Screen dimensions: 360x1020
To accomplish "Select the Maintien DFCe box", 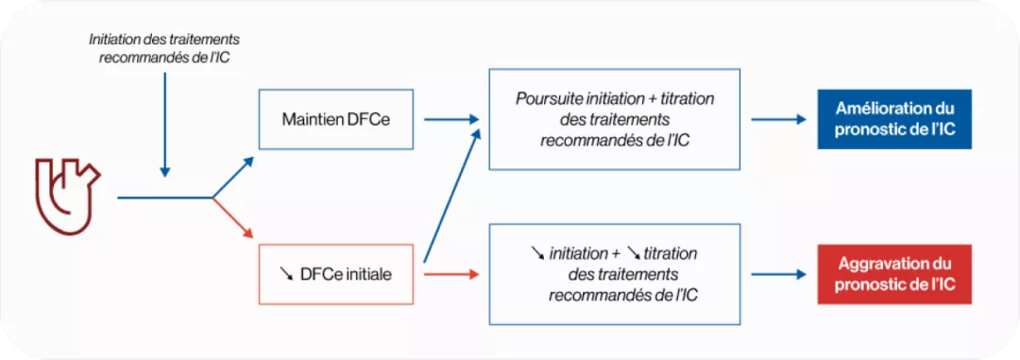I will [335, 120].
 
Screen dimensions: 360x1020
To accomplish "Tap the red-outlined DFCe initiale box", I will [335, 274].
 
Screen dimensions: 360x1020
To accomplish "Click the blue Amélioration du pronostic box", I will [894, 120].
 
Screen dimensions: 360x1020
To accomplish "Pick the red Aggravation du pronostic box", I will [894, 274].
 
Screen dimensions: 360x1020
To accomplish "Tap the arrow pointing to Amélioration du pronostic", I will [778, 120].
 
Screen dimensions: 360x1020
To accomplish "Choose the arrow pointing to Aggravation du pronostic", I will [778, 274].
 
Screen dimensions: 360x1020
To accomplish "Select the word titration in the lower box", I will [671, 253].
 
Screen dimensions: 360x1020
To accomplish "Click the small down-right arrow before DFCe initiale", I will [287, 274].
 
